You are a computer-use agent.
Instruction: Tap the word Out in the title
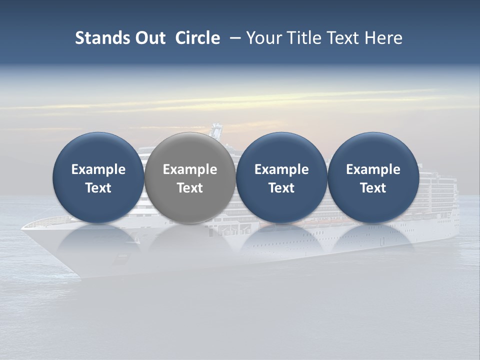point(148,38)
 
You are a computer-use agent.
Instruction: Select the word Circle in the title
point(197,38)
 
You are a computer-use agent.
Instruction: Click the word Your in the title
point(264,38)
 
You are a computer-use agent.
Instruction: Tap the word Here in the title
point(384,38)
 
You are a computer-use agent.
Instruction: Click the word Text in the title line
point(342,38)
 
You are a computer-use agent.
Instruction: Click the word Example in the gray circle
point(190,169)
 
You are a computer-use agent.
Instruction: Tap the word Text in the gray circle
point(190,188)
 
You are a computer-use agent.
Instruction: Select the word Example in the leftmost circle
point(98,169)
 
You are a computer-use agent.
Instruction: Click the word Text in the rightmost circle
point(373,188)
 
